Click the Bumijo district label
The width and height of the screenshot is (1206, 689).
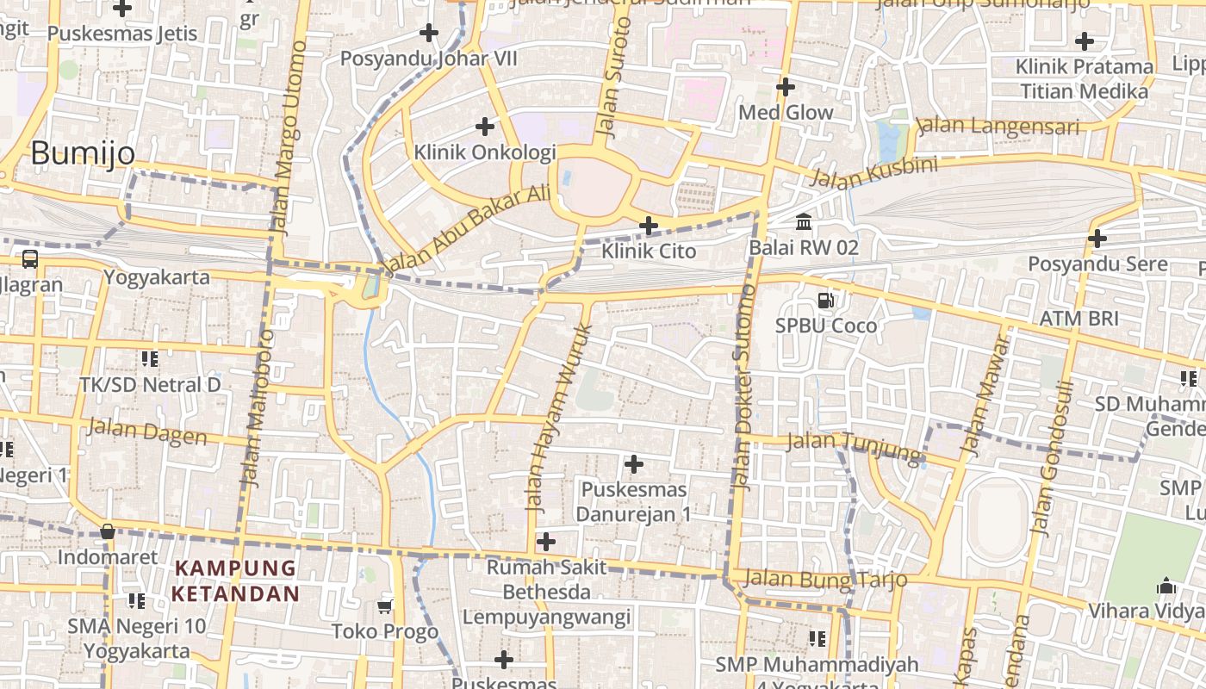pos(83,153)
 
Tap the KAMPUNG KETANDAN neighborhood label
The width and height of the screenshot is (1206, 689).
pos(235,581)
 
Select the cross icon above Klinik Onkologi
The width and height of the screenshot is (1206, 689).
pos(485,127)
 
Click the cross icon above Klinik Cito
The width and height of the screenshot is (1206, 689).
pos(649,226)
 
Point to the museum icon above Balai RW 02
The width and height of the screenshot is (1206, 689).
pos(804,222)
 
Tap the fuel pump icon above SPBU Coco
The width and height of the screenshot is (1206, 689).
pos(825,301)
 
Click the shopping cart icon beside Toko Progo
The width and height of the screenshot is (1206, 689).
pos(385,606)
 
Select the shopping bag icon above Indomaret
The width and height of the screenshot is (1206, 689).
pos(108,531)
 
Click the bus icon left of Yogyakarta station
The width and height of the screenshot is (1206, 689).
pos(30,258)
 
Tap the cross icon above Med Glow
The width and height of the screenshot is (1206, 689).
pos(785,87)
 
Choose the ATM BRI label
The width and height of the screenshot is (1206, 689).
pos(1079,318)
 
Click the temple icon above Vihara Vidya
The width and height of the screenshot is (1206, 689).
pos(1166,586)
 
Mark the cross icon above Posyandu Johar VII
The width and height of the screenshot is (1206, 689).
pos(428,34)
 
